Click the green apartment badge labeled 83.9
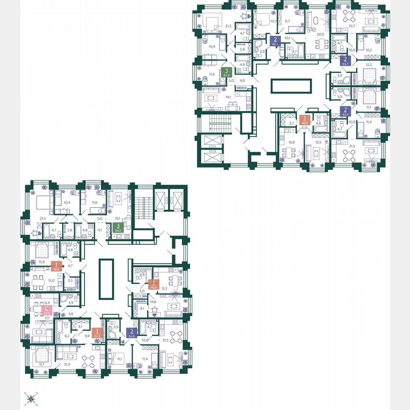click(x=224, y=73)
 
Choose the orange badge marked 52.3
click(x=97, y=333)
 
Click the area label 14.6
click(x=153, y=301)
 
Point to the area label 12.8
click(x=41, y=262)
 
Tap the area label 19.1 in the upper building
click(x=228, y=97)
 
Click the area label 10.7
click(x=273, y=21)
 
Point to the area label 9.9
click(x=87, y=336)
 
